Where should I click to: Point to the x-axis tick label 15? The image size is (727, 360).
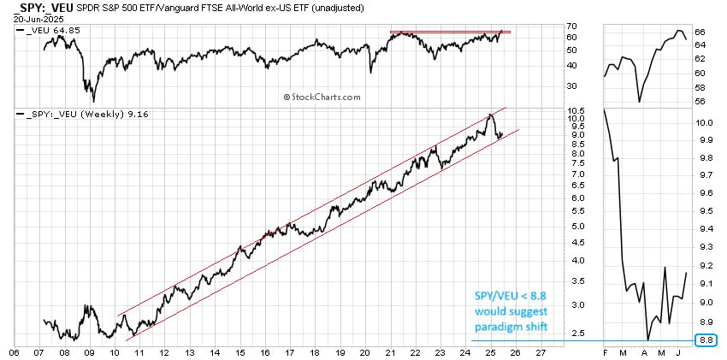(x=242, y=351)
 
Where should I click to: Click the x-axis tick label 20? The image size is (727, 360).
(x=365, y=351)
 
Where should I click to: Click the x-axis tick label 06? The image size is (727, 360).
(x=15, y=351)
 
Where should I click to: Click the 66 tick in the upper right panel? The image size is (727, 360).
(x=699, y=32)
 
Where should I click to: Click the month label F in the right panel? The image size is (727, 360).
(x=604, y=351)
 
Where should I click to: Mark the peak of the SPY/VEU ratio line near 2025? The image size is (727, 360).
(x=490, y=114)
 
